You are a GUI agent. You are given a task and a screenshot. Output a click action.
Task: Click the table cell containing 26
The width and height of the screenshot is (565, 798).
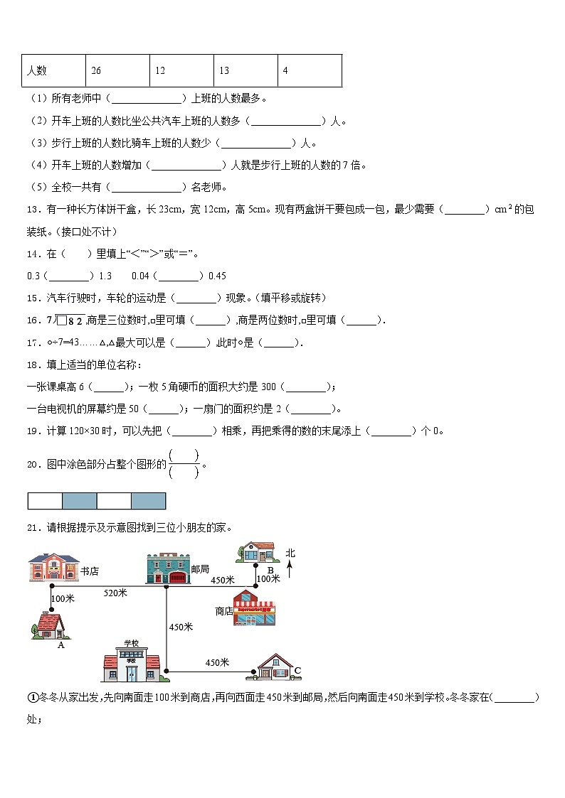coord(117,70)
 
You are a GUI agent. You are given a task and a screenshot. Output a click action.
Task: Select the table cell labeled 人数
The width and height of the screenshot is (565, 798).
coord(53,70)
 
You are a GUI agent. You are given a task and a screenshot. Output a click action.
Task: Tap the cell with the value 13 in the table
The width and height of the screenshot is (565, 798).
coord(245,70)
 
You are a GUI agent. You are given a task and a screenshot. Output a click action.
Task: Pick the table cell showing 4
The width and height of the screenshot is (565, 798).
coord(310,70)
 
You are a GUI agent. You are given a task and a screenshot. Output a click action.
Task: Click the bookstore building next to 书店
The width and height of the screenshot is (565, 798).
coord(52,568)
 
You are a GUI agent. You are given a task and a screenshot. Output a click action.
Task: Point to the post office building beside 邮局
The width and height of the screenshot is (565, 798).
coord(167,568)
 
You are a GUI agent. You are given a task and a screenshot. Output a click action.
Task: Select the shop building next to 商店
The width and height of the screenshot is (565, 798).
coord(255,609)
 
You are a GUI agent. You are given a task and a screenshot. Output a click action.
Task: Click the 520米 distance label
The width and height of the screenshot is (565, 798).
coord(115,592)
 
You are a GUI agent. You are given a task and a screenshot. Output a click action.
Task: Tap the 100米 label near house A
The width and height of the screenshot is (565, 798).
coord(63,599)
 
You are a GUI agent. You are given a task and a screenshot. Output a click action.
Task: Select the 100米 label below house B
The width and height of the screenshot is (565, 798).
coord(268,579)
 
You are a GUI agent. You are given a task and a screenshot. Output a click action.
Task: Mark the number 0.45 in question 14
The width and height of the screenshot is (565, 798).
coord(217,276)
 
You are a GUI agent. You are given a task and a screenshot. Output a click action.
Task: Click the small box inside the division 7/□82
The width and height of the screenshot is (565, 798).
coord(61,320)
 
